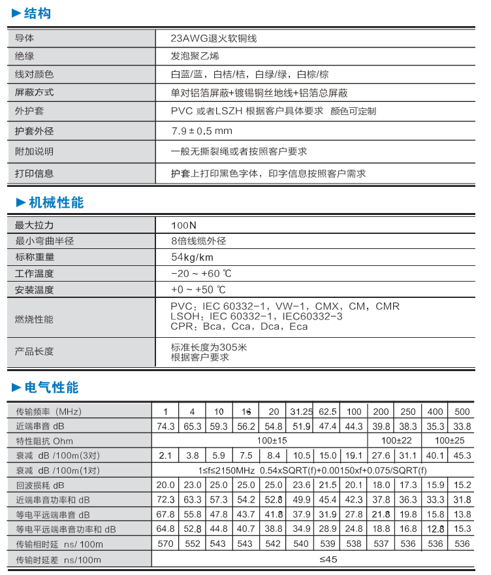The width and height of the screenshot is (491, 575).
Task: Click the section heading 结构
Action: tap(37, 14)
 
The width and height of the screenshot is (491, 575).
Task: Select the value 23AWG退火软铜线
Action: tap(214, 38)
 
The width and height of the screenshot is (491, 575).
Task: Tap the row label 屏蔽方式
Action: tap(34, 93)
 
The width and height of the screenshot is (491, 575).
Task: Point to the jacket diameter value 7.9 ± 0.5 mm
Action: tap(202, 131)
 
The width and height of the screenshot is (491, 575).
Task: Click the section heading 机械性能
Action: tap(55, 203)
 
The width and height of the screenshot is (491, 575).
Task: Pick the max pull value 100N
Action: tap(183, 225)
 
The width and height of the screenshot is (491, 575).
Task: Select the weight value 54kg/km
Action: tap(192, 257)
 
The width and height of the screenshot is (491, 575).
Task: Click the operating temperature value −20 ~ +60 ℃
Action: tap(201, 273)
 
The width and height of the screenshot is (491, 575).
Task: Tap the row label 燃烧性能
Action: tap(34, 320)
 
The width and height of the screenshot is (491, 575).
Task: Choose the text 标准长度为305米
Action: tap(209, 347)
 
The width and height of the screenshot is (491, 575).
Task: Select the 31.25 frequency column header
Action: tap(301, 412)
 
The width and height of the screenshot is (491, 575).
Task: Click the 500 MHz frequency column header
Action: tap(462, 412)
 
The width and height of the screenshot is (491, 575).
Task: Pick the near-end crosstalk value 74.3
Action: tap(166, 426)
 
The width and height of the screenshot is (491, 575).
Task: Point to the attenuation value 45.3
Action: tap(462, 455)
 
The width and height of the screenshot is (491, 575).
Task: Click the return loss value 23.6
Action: tap(301, 485)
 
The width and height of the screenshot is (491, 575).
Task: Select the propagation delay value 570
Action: tap(166, 544)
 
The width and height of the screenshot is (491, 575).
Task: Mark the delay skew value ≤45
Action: tap(328, 559)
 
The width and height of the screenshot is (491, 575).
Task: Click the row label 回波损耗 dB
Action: tap(40, 485)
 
